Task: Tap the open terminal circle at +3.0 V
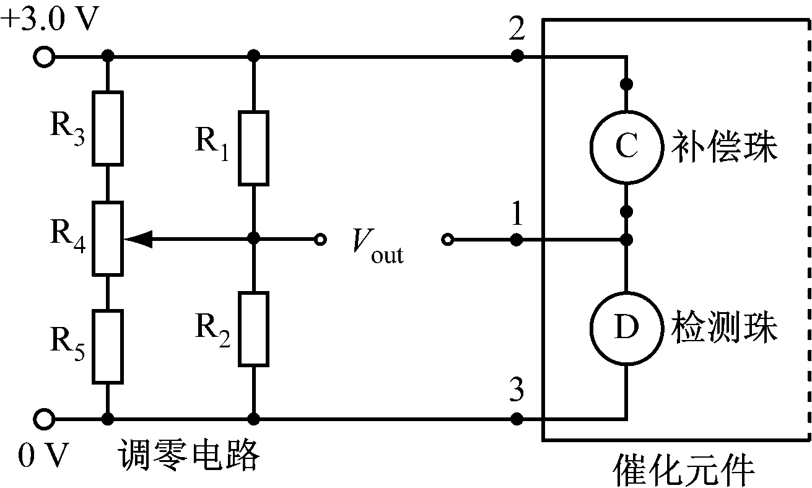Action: tap(43, 57)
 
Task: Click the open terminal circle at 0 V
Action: tap(43, 419)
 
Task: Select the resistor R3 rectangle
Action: tap(108, 128)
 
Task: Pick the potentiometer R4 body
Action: tap(108, 238)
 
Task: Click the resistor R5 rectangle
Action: tap(108, 346)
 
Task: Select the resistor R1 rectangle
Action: tap(253, 149)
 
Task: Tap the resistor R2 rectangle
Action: tap(253, 329)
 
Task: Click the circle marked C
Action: tap(626, 147)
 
